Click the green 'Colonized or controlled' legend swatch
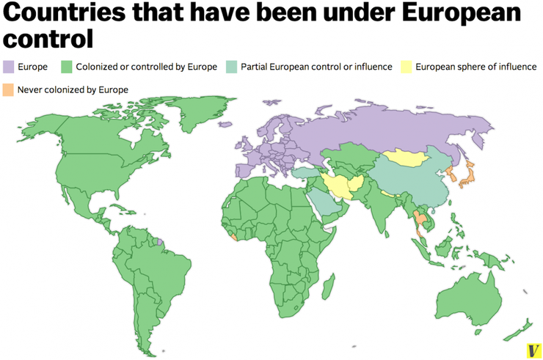pyautogui.click(x=68, y=67)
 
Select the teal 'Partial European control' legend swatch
pyautogui.click(x=232, y=67)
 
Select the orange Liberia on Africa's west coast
pyautogui.click(x=234, y=236)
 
